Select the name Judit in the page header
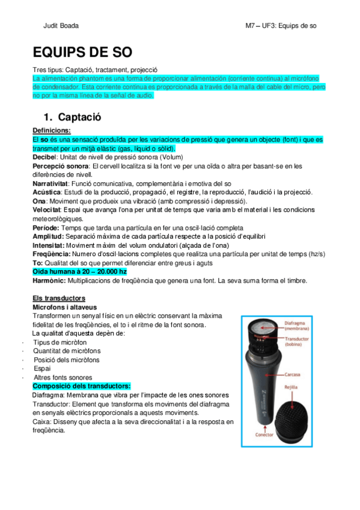[50, 26]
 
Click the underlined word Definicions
[51, 130]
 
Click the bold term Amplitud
[47, 237]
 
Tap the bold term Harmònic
[49, 281]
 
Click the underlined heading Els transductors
[58, 298]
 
